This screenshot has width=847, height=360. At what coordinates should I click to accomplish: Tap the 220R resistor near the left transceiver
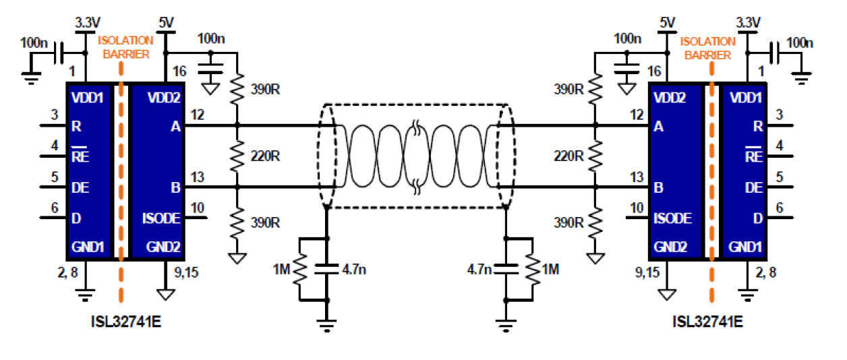point(237,156)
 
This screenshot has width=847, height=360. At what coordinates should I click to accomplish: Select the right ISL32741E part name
point(707,321)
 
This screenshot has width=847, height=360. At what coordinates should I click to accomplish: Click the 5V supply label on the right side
point(667,23)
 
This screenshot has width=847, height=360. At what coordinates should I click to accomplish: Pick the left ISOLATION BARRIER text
point(126,47)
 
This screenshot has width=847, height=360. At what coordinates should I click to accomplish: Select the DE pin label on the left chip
point(80,187)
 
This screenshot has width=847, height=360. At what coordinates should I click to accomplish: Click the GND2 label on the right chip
point(670,247)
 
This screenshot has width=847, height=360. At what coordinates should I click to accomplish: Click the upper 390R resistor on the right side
point(595,88)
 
